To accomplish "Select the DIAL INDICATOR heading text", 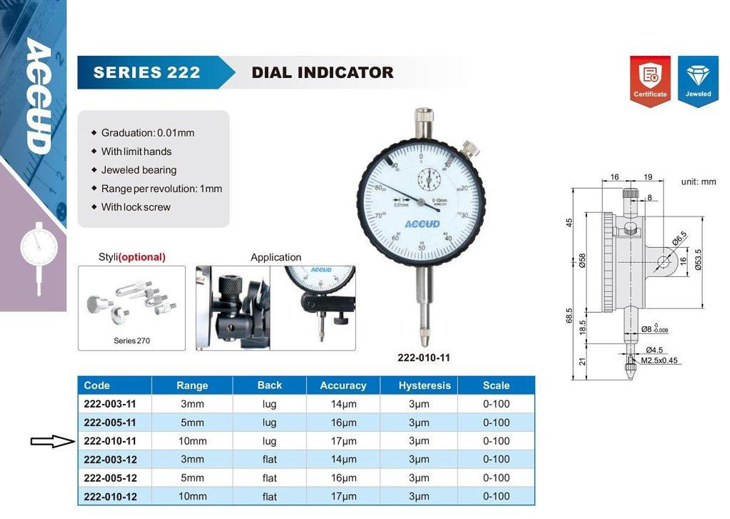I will click(322, 73).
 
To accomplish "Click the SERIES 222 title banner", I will click(147, 73).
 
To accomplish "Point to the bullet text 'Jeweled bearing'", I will click(139, 170).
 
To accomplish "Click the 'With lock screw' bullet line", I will click(136, 207).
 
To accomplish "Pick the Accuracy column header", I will click(343, 385).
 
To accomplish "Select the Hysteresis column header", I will click(425, 385).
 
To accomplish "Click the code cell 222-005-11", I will click(110, 422).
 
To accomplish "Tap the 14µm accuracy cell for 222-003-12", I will click(344, 459).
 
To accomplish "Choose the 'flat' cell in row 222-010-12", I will click(269, 496).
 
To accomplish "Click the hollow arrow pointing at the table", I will click(52, 441).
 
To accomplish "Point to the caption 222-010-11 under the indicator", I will click(424, 358).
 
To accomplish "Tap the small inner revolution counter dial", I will click(428, 180).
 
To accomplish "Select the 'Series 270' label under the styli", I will click(131, 341).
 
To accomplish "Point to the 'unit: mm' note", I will click(698, 182).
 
